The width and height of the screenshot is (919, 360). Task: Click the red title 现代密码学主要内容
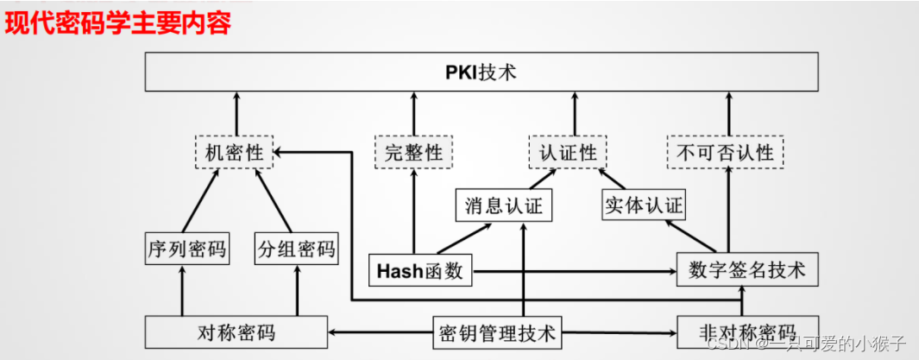tap(118, 22)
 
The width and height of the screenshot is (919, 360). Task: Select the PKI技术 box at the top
tap(481, 72)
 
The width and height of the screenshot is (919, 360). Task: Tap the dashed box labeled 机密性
tap(234, 153)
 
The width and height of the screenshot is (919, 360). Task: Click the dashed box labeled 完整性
tap(413, 153)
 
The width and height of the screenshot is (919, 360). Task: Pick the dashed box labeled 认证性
tap(567, 153)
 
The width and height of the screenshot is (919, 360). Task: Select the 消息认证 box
tap(504, 206)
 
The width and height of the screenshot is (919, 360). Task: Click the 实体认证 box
tap(644, 206)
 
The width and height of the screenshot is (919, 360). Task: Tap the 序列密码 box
tap(186, 249)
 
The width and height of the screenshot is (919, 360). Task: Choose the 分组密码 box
tap(296, 249)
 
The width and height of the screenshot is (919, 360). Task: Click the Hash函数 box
tap(420, 271)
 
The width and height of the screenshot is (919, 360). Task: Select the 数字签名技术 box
tap(747, 270)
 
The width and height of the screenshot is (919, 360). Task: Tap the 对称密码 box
tap(236, 332)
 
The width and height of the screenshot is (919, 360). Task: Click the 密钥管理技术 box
tap(498, 332)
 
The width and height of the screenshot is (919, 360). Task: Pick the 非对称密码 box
tap(747, 332)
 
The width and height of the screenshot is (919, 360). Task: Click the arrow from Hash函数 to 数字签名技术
tap(574, 271)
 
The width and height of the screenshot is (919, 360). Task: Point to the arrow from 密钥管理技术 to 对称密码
tap(380, 332)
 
